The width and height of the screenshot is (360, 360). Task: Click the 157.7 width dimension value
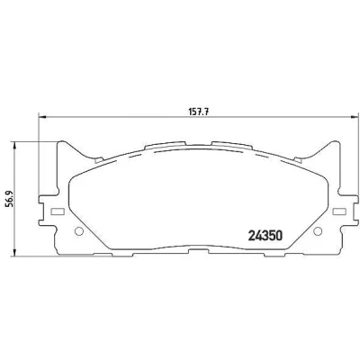pos(199,112)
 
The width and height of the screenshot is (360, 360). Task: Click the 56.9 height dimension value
pos(9,200)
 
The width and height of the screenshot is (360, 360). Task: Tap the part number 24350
pos(265,236)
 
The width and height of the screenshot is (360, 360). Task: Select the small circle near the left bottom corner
pos(78,231)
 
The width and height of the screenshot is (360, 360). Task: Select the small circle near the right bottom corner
pos(318,231)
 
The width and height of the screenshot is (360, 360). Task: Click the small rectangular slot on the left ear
pos(58,211)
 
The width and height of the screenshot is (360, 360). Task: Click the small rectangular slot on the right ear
pos(339,211)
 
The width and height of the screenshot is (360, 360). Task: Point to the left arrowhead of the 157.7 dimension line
pos(42,117)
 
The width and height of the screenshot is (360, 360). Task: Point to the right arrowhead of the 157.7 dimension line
pos(355,117)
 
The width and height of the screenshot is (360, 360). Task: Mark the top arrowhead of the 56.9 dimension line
pos(13,146)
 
